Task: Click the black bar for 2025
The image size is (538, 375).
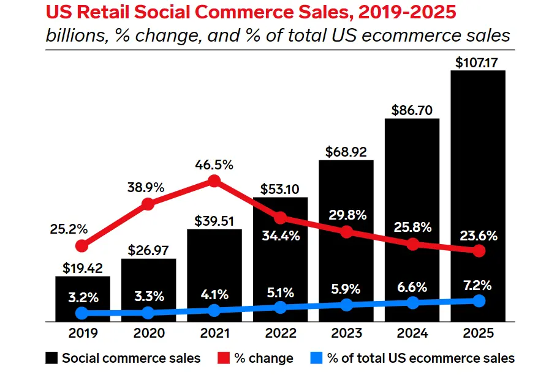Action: (x=478, y=184)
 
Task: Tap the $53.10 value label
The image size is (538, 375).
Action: (x=280, y=187)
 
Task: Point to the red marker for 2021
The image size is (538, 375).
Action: (x=214, y=180)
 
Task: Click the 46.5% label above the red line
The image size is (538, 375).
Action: (x=214, y=165)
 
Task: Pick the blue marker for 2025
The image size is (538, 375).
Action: (x=479, y=300)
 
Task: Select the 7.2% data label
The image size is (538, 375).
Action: (x=479, y=285)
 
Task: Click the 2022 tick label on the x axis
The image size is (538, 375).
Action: (x=280, y=333)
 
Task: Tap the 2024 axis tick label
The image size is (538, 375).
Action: (x=412, y=333)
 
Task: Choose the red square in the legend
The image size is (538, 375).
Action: (x=223, y=358)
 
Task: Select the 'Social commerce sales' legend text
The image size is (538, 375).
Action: (x=131, y=358)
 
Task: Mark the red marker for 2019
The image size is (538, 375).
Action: (x=82, y=246)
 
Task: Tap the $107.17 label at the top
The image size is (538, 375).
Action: (x=479, y=61)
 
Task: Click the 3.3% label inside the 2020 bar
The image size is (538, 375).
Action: (x=148, y=297)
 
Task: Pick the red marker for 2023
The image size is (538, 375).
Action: (x=346, y=232)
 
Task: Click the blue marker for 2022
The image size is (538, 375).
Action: (x=280, y=307)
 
